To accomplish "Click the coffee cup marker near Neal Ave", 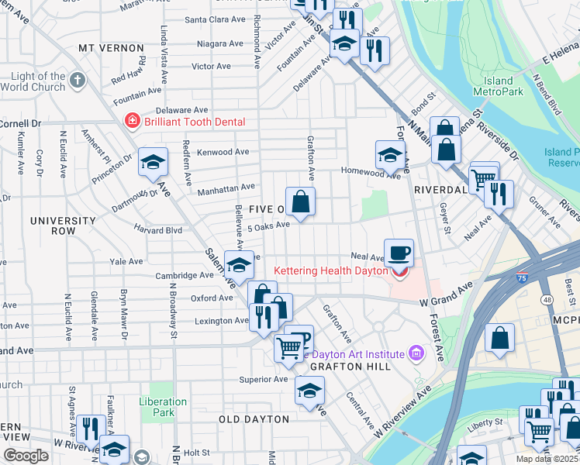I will (399, 253).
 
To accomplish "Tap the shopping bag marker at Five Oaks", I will (300, 202).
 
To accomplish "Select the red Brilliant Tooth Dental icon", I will (132, 122).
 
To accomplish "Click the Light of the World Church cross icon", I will (78, 80).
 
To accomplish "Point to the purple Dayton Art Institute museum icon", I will (417, 353).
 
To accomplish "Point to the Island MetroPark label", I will (499, 86).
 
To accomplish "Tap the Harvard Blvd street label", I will (157, 230).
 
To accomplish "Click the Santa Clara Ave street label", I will (216, 19).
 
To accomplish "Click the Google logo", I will (26, 456).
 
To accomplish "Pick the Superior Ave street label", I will (264, 380).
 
